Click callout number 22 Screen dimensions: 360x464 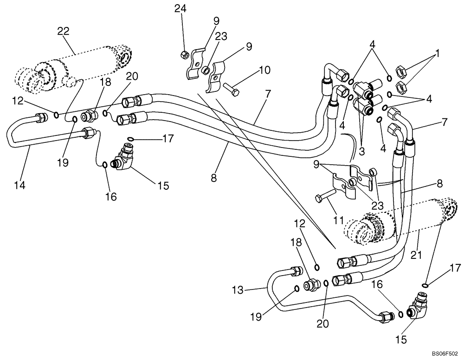pos(63,31)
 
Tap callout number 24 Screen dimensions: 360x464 pos(179,8)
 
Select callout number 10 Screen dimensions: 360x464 pos(264,71)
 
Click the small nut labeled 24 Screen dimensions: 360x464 pos(184,55)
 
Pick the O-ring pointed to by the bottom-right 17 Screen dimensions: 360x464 pos(426,285)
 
